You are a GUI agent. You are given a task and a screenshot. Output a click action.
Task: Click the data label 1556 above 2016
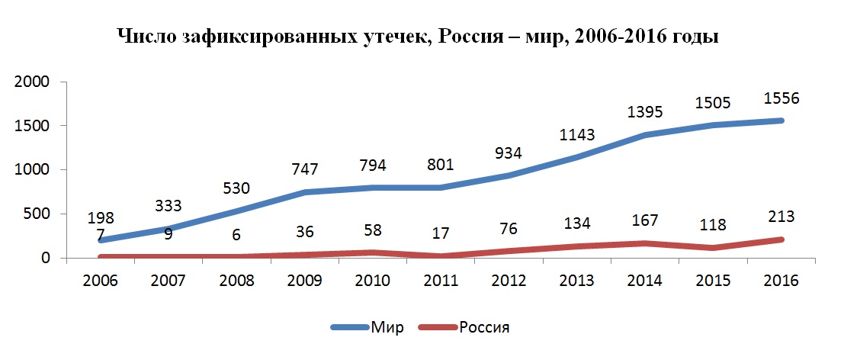point(781,99)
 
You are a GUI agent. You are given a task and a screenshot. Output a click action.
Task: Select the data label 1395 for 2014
point(645,112)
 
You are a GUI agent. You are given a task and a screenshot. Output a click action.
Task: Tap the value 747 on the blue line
point(306,169)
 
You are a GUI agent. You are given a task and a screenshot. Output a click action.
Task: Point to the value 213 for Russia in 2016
point(781,217)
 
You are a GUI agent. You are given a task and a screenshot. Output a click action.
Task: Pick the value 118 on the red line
point(714,227)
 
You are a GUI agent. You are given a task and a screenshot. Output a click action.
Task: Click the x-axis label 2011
point(441,281)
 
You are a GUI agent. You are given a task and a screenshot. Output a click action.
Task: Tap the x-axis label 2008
point(237,281)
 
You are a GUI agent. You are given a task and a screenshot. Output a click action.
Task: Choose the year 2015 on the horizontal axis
point(714,281)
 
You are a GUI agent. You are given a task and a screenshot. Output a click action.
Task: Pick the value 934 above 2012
point(509,153)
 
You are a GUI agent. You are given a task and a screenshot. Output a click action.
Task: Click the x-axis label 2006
point(101,281)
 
